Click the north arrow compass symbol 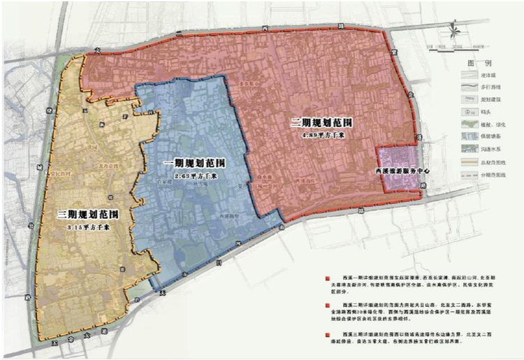click(453, 31)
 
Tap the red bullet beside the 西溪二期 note click(319, 305)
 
